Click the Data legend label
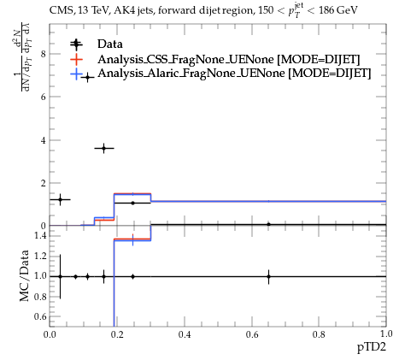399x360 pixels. (110, 44)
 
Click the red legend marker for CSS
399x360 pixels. (76, 59)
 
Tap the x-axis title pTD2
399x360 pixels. (372, 347)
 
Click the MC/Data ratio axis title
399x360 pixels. (25, 275)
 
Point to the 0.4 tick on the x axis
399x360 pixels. (185, 334)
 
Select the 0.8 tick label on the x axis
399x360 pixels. (319, 334)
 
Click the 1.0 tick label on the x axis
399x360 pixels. (386, 333)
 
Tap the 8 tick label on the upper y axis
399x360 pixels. (44, 54)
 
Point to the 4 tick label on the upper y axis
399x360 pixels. (44, 140)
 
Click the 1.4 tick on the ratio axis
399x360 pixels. (40, 236)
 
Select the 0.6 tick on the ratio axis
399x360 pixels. (40, 316)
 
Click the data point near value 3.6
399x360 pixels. (104, 148)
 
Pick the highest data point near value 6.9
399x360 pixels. (88, 77)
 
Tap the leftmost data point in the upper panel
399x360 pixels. (60, 199)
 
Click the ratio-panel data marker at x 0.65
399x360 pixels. (268, 276)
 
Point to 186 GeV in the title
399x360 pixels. (338, 11)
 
